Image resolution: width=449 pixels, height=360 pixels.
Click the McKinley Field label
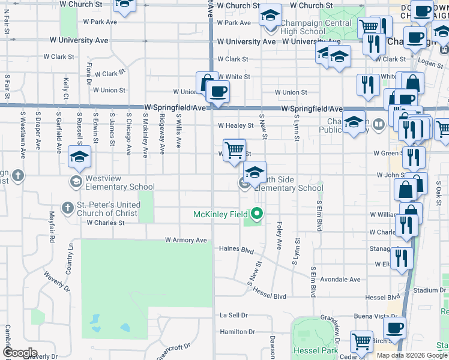221,214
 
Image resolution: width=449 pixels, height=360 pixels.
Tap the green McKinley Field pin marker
258,214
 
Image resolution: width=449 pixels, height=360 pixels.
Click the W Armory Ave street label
186,240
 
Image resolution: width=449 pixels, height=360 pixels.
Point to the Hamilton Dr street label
238,332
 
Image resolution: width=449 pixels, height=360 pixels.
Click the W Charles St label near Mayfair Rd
105,223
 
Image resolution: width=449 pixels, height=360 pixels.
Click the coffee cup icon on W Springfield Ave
218,92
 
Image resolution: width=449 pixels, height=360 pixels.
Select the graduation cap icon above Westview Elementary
79,157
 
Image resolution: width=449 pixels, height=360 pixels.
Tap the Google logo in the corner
20,353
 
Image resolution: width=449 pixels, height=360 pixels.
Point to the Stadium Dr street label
429,290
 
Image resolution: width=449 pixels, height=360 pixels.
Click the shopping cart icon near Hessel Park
362,343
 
